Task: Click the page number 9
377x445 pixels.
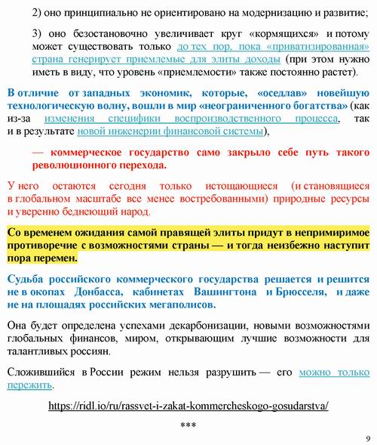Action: coord(366,437)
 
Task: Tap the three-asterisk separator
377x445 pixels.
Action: coord(188,425)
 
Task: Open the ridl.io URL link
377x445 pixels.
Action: coord(188,405)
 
